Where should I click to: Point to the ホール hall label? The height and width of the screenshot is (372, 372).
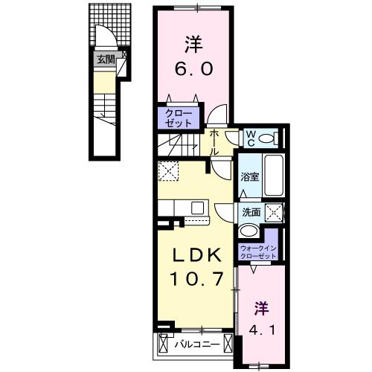click(x=214, y=142)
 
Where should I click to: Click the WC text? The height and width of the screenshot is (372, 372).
click(x=251, y=137)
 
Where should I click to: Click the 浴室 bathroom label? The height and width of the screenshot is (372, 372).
click(x=249, y=177)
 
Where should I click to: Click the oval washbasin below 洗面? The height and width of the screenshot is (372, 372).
click(x=250, y=231)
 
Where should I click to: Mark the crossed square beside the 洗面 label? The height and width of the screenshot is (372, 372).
click(x=274, y=213)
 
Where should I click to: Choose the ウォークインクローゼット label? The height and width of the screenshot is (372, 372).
click(x=259, y=251)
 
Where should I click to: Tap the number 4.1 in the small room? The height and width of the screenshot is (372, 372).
click(x=260, y=328)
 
